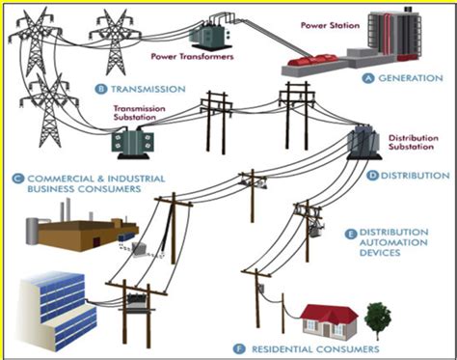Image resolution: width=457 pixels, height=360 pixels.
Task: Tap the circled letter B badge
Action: tap(100, 89)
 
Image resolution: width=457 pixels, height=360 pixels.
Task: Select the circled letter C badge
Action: tap(17, 178)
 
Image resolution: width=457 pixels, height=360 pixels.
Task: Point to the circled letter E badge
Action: tap(350, 234)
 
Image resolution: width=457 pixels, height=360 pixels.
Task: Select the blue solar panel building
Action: tap(56, 301)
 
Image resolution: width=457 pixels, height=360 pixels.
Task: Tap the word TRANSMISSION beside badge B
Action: tap(148, 89)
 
